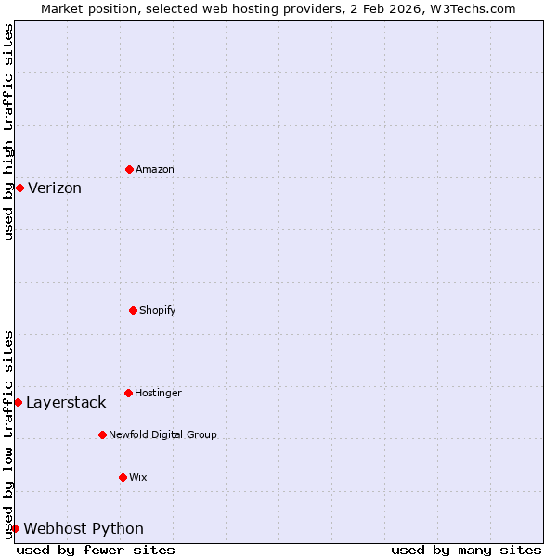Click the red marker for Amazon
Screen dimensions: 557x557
pyautogui.click(x=129, y=169)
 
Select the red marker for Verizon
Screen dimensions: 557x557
pyautogui.click(x=19, y=188)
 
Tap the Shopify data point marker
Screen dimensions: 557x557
pyautogui.click(x=133, y=310)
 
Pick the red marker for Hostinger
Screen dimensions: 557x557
pyautogui.click(x=128, y=393)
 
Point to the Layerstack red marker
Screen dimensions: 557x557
pyautogui.click(x=18, y=402)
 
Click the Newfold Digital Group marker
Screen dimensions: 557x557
pyautogui.click(x=102, y=434)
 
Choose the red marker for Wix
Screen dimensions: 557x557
pyautogui.click(x=123, y=477)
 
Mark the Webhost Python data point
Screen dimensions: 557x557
pyautogui.click(x=16, y=528)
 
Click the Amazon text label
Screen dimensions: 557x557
pyautogui.click(x=155, y=169)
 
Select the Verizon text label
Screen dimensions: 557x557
pyautogui.click(x=55, y=188)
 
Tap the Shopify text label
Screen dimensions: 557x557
pyautogui.click(x=158, y=310)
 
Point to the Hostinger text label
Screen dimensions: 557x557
pyautogui.click(x=158, y=393)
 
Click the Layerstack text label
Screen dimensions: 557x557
pyautogui.click(x=66, y=402)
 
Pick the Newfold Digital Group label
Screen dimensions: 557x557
pyautogui.click(x=162, y=434)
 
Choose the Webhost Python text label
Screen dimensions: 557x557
pyautogui.click(x=84, y=528)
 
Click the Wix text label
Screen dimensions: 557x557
pyautogui.click(x=137, y=477)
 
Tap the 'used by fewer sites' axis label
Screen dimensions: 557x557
pyautogui.click(x=96, y=550)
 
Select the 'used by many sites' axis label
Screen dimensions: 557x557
pyautogui.click(x=466, y=550)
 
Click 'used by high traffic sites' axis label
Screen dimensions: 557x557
pyautogui.click(x=8, y=132)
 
